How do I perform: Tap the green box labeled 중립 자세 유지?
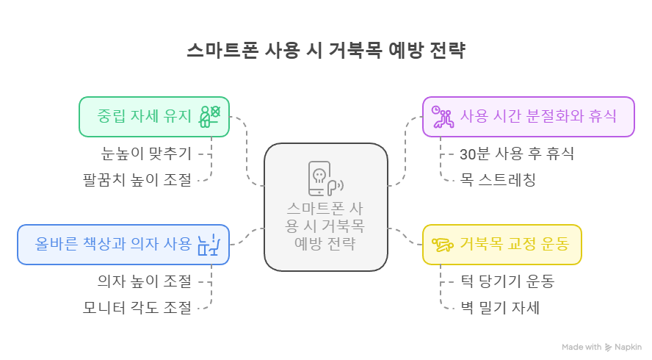tap(154, 116)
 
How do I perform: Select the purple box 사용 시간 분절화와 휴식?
tap(529, 116)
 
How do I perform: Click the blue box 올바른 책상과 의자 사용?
tap(123, 244)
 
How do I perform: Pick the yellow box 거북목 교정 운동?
tap(502, 244)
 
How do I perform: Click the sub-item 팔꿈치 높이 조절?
tap(137, 179)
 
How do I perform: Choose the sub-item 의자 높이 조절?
tap(145, 281)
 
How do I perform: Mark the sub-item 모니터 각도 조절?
tap(137, 306)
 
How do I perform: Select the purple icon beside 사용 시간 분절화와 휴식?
tap(442, 117)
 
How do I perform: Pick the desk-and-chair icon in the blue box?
tap(210, 244)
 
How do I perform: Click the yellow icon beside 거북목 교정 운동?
tap(442, 244)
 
